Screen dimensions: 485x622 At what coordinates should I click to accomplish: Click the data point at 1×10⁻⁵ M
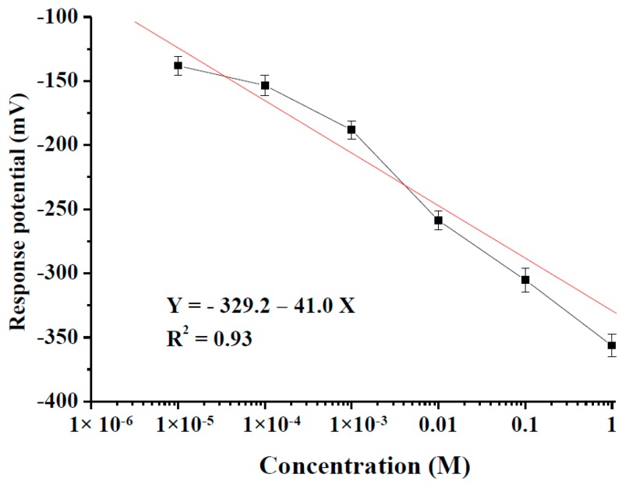pos(178,65)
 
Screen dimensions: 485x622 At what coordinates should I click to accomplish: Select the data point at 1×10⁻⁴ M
pos(265,85)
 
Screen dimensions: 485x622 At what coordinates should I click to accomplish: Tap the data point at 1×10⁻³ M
pos(352,129)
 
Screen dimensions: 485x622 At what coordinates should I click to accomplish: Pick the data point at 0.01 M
pos(439,220)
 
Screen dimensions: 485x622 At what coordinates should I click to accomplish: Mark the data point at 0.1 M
pos(525,280)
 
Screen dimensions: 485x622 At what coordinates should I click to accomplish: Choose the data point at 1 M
pos(612,345)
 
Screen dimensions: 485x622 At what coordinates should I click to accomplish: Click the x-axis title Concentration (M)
pos(364,466)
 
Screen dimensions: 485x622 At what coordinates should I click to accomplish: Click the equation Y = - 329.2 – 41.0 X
pos(260,306)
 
